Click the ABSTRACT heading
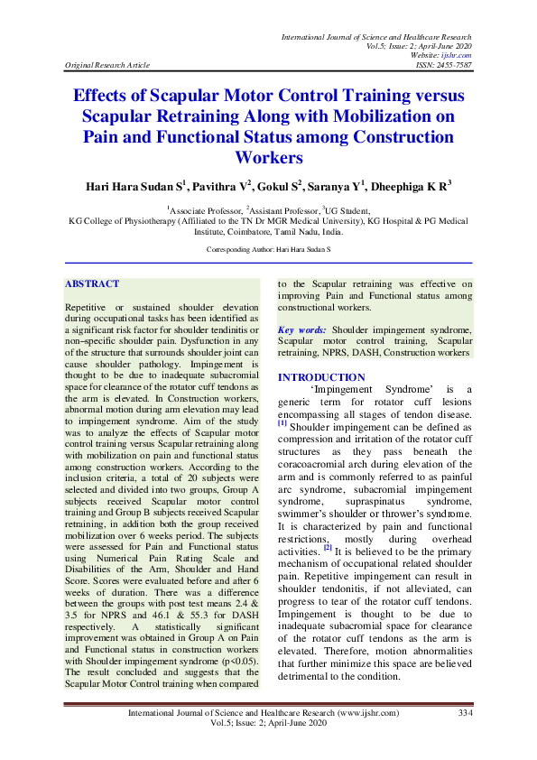(92, 283)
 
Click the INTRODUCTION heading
(321, 377)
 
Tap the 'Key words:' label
(302, 331)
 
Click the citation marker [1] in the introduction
(282, 422)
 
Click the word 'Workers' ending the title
(268, 157)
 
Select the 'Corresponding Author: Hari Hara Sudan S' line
(268, 247)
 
